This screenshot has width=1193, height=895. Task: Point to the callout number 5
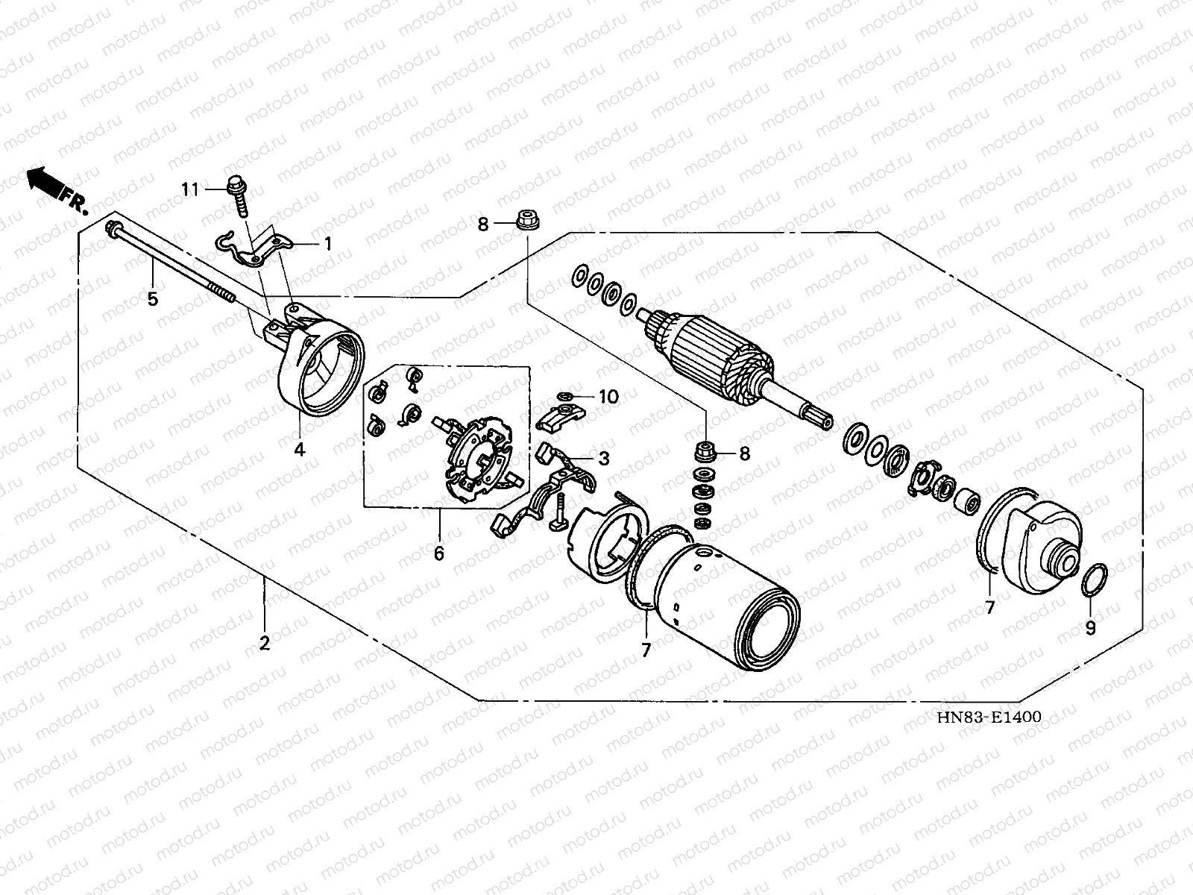(152, 300)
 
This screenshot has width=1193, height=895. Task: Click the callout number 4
(300, 450)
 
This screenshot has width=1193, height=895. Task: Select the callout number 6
(438, 553)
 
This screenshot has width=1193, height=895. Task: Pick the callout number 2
(264, 643)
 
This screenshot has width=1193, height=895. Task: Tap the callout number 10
(608, 397)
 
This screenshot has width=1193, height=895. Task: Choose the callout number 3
(603, 458)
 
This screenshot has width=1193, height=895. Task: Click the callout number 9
(1090, 628)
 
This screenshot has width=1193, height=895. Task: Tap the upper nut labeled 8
(526, 220)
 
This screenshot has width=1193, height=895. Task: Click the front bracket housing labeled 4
(321, 365)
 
